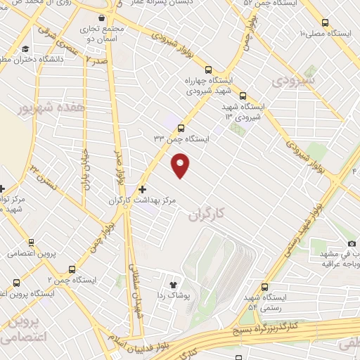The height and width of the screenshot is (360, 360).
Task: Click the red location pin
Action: point(181,165)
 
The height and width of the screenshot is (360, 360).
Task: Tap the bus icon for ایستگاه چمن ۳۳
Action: point(181,128)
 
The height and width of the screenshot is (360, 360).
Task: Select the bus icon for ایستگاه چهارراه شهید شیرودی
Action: point(207,70)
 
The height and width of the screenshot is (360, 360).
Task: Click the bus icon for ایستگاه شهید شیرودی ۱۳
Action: point(243,96)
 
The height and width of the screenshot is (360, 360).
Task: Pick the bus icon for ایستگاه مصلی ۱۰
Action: point(324,22)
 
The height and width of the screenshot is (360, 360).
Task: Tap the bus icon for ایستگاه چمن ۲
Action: point(72,269)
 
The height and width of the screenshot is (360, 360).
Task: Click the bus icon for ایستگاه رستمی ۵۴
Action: point(264,287)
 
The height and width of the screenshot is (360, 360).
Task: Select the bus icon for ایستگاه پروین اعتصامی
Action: point(15,281)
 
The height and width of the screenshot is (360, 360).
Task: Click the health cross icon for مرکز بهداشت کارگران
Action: point(142,189)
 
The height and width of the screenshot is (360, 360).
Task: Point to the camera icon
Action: point(352,243)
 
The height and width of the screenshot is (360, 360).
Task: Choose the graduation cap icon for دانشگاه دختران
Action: point(25,49)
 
